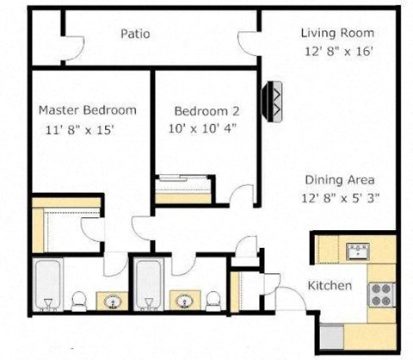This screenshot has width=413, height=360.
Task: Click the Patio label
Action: [136, 34]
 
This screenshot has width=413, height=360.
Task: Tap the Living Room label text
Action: [337, 33]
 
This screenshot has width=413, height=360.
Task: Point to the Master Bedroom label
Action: [87, 110]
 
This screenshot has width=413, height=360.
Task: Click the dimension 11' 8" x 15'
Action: [80, 130]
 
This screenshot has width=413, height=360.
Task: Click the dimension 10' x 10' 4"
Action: [203, 128]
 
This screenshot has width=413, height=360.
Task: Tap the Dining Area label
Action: [338, 180]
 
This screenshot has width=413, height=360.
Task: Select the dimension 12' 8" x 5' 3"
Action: [342, 197]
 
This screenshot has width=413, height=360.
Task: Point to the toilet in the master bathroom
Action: [78, 301]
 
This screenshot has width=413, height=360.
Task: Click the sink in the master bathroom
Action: [113, 301]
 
